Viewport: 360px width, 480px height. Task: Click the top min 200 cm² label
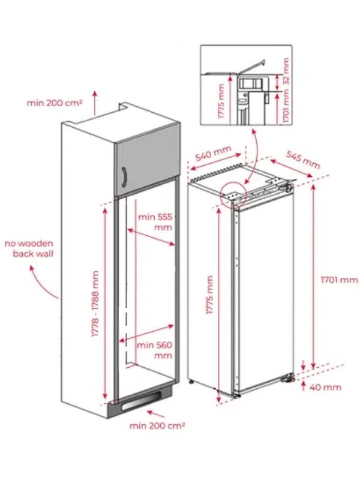(55, 103)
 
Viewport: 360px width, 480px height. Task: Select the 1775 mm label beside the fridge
(209, 295)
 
